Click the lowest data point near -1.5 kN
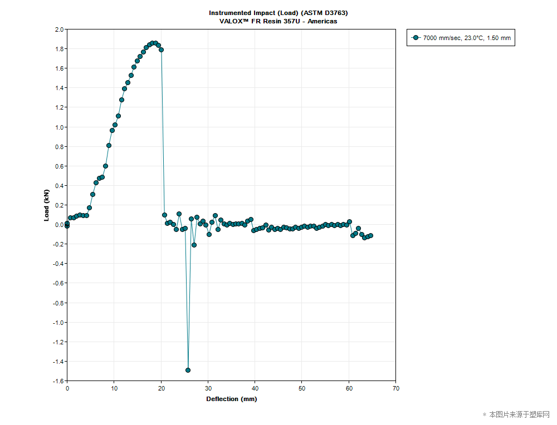pyautogui.click(x=188, y=370)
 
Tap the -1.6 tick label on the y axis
pyautogui.click(x=57, y=381)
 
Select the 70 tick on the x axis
pyautogui.click(x=395, y=388)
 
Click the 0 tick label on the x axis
pyautogui.click(x=67, y=388)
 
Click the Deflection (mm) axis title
pyautogui.click(x=231, y=399)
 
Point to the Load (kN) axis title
pyautogui.click(x=47, y=205)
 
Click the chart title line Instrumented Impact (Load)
pyautogui.click(x=278, y=12)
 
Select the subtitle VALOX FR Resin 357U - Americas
pyautogui.click(x=278, y=21)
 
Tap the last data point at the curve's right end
pyautogui.click(x=370, y=235)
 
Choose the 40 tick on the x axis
pyautogui.click(x=255, y=388)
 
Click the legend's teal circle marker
pyautogui.click(x=416, y=38)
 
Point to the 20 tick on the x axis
pyautogui.click(x=161, y=388)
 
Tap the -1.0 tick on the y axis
pyautogui.click(x=57, y=323)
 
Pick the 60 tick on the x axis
pyautogui.click(x=349, y=388)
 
